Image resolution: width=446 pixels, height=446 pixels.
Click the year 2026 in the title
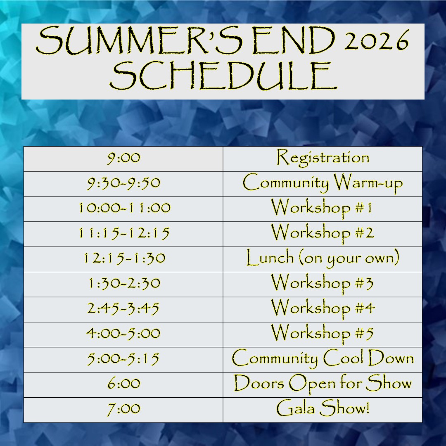pyautogui.click(x=377, y=40)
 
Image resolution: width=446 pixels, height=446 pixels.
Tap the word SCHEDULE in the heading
pyautogui.click(x=223, y=76)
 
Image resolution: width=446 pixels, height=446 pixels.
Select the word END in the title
pyautogui.click(x=294, y=40)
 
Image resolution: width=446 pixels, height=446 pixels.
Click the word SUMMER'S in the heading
pyautogui.click(x=140, y=40)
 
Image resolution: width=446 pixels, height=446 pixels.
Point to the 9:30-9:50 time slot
pyautogui.click(x=124, y=183)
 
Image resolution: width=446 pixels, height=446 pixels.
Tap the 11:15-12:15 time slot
pyautogui.click(x=124, y=233)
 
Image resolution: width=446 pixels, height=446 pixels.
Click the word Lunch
pyautogui.click(x=270, y=258)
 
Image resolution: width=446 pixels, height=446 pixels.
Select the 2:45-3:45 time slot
pyautogui.click(x=123, y=308)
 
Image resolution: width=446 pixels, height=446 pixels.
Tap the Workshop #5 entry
pyautogui.click(x=322, y=333)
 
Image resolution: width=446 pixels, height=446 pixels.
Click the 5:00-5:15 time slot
pyautogui.click(x=123, y=359)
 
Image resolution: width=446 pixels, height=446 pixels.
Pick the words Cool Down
pyautogui.click(x=368, y=358)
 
